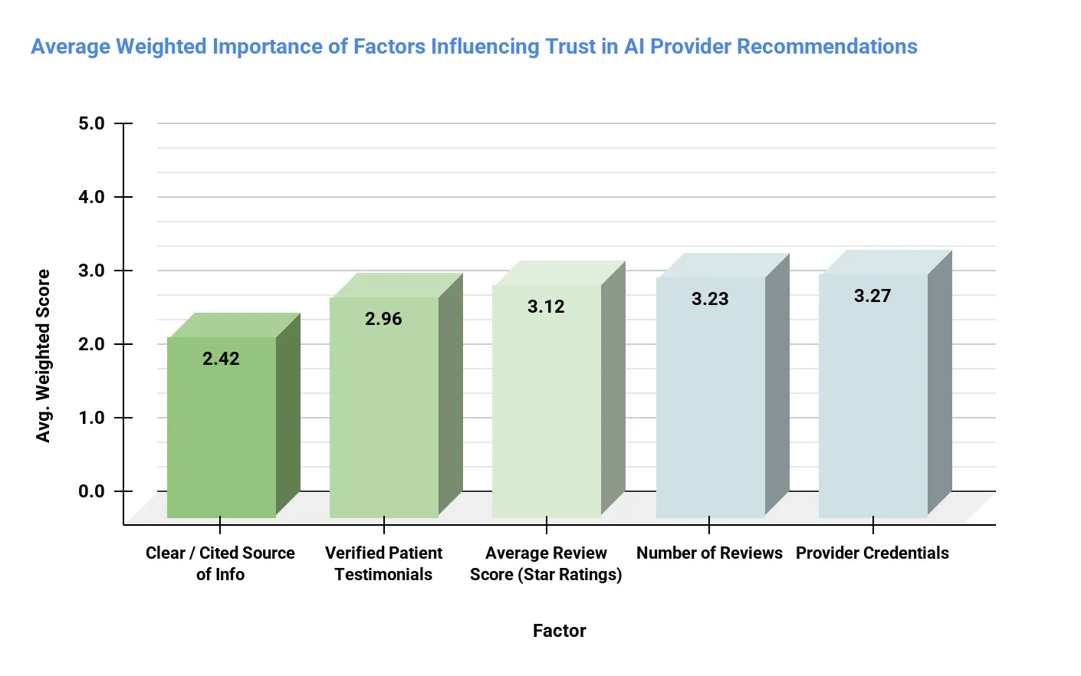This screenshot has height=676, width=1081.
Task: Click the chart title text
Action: [x=474, y=47]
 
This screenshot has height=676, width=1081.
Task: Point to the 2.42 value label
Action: [x=221, y=359]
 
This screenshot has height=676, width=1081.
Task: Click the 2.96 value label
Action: [x=383, y=319]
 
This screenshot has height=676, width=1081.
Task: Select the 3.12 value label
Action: [x=546, y=307]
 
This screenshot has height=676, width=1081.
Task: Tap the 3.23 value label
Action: [x=710, y=299]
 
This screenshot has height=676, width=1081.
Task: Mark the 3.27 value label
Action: [x=872, y=296]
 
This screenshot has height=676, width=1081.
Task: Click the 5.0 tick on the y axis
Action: [x=91, y=123]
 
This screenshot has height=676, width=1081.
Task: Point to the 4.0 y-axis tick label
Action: [x=91, y=197]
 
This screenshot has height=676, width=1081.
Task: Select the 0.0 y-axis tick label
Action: [x=91, y=491]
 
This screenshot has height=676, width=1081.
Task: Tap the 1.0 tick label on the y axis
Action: [x=91, y=418]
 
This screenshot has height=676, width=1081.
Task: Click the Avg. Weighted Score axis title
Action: [x=43, y=356]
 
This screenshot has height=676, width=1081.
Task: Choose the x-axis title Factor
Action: [x=559, y=631]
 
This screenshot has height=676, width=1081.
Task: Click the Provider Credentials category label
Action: [x=872, y=553]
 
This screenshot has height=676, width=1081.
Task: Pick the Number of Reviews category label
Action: [x=709, y=553]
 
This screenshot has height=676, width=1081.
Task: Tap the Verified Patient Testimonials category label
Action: [x=383, y=563]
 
